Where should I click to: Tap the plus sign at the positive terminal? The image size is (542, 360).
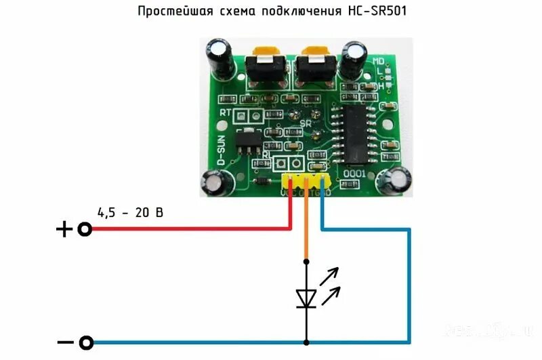click(64, 230)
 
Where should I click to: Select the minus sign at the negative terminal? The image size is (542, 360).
click(65, 342)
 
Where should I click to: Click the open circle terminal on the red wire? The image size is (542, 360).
click(85, 229)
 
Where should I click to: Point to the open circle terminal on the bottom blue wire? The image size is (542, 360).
click(86, 342)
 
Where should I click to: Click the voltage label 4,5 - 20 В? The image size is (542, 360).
click(130, 212)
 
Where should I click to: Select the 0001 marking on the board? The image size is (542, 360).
click(356, 174)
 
